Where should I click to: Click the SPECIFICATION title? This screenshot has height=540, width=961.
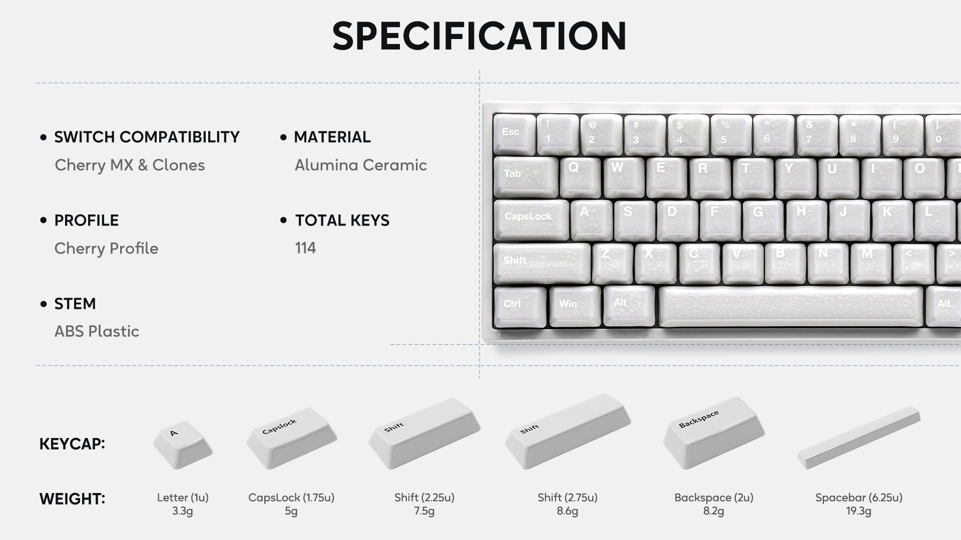click(x=479, y=35)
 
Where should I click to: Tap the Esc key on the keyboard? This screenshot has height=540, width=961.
click(x=514, y=133)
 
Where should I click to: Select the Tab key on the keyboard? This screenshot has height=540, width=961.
click(x=526, y=177)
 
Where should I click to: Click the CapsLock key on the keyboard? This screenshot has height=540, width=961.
click(x=532, y=220)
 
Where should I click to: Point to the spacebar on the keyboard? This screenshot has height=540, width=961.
click(x=791, y=306)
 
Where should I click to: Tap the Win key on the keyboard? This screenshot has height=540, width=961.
click(x=575, y=306)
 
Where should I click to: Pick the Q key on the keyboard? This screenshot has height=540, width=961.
click(x=581, y=177)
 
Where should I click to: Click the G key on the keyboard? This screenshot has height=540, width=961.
click(x=764, y=220)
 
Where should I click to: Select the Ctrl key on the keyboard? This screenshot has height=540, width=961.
click(x=520, y=306)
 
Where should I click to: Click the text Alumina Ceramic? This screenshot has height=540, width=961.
click(x=361, y=165)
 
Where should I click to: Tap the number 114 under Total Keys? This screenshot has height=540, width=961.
click(x=305, y=248)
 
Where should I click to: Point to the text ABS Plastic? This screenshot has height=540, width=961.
click(x=97, y=331)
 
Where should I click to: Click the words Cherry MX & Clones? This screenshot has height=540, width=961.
click(x=130, y=165)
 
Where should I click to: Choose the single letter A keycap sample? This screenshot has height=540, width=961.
click(x=182, y=444)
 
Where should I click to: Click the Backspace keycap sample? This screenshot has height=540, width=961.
click(x=713, y=433)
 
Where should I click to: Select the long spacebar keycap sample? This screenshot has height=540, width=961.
click(x=858, y=437)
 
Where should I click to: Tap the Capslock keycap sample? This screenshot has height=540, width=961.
click(x=291, y=438)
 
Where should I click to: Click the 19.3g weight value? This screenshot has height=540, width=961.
click(x=858, y=511)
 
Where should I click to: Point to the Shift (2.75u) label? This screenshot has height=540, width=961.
click(x=568, y=497)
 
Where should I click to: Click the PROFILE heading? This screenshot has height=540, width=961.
click(x=87, y=220)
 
